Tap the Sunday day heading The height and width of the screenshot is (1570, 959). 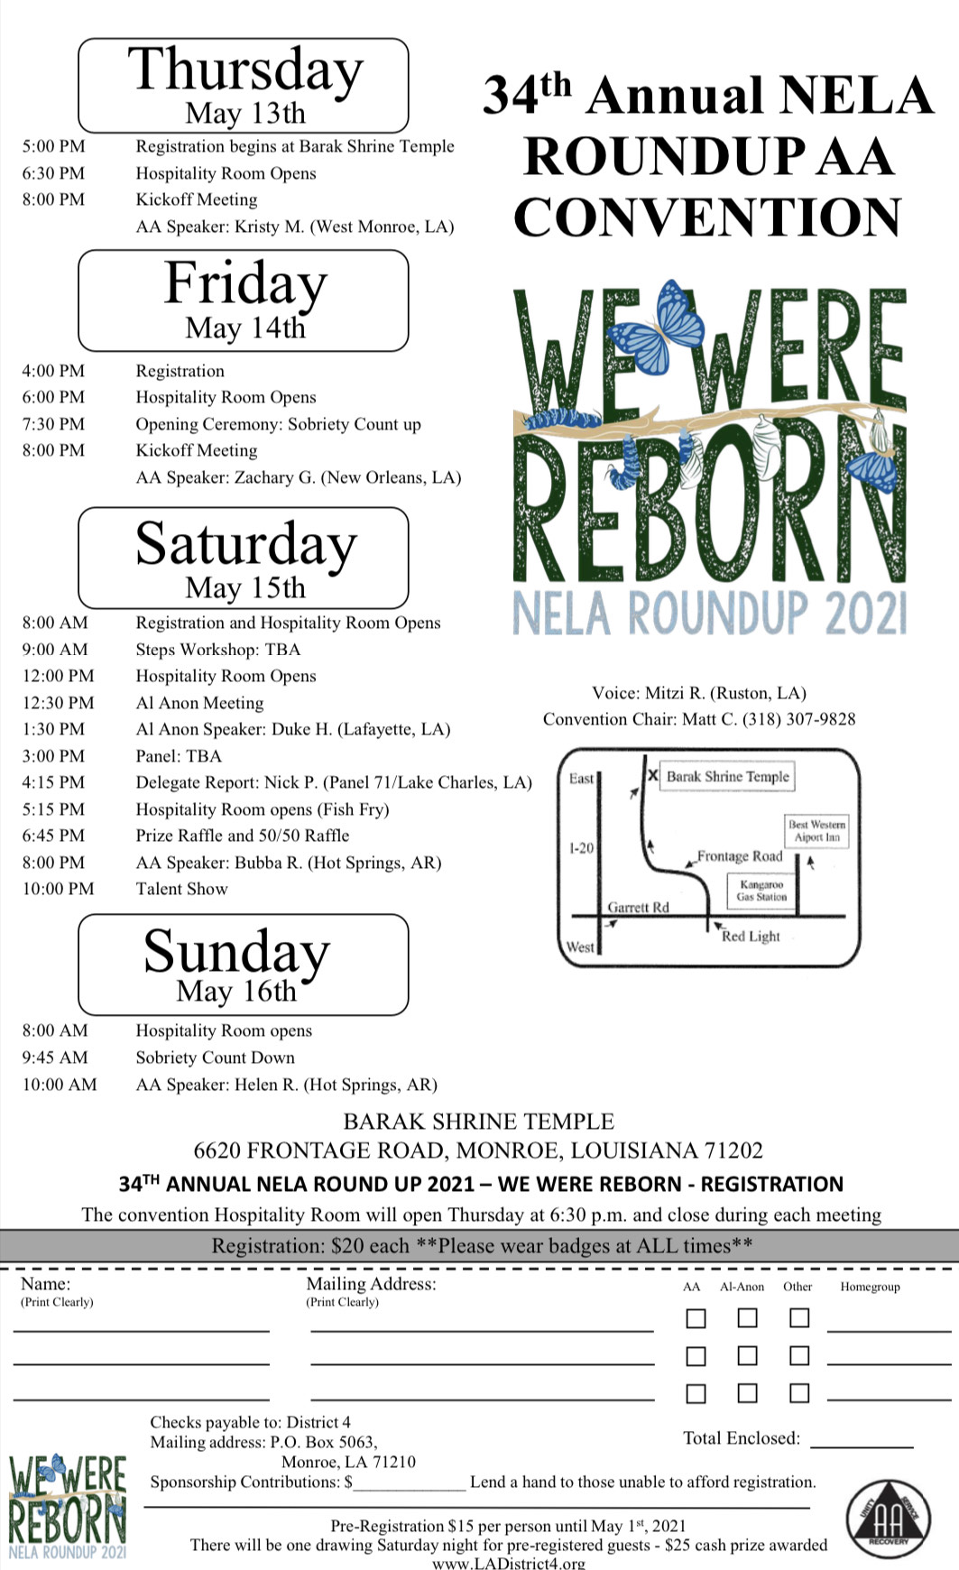pos(236,952)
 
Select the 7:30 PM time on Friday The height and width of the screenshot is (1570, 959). pos(53,424)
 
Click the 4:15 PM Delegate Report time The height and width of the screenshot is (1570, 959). pos(53,782)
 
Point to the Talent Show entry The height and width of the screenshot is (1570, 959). pos(181,889)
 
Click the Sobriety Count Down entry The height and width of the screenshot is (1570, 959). pos(215,1057)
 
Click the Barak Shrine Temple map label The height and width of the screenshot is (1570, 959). pos(727,776)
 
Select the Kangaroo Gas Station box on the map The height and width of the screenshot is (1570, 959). pos(761,891)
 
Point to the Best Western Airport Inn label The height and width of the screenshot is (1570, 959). pos(816,830)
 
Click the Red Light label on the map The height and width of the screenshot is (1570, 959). pos(751,937)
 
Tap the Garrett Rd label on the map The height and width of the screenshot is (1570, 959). pos(638,907)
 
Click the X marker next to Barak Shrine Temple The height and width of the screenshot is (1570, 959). pos(652,775)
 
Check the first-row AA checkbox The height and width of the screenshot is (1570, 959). pos(695,1318)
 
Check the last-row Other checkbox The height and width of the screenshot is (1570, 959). pos(798,1393)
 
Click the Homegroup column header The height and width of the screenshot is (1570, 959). pos(870,1287)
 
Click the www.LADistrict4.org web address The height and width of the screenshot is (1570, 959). pos(509,1563)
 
